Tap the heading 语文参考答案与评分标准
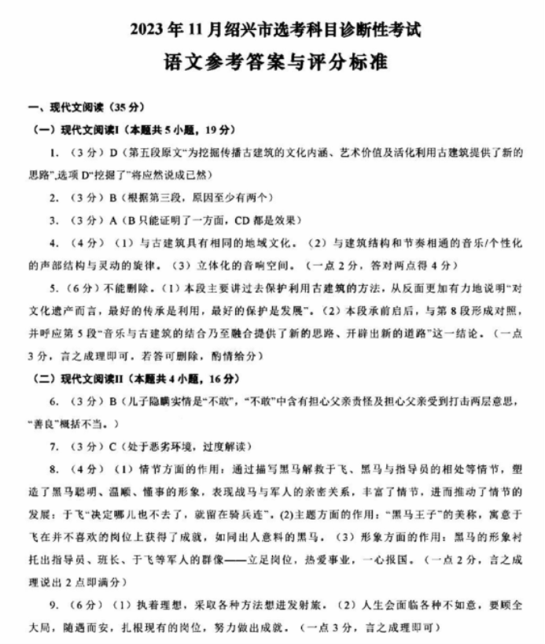point(275,63)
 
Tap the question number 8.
point(52,469)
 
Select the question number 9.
point(52,605)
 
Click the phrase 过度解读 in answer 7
point(229,446)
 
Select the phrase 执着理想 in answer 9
point(142,605)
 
